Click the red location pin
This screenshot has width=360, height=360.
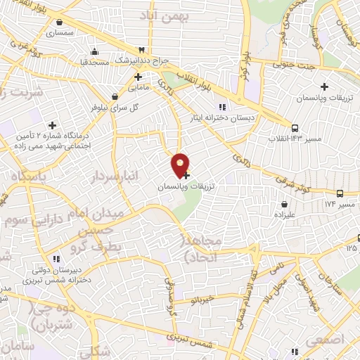click(x=181, y=164)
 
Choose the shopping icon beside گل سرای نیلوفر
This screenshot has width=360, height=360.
click(x=115, y=97)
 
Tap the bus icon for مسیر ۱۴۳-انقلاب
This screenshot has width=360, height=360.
click(x=295, y=128)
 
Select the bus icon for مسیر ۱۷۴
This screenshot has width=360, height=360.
click(x=340, y=193)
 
